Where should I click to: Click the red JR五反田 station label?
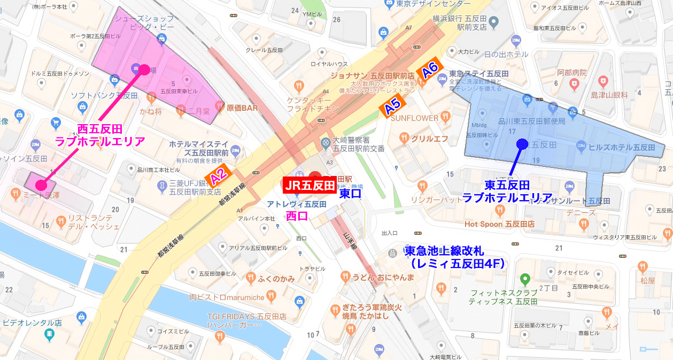[x=309, y=185]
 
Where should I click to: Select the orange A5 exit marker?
[x=393, y=107]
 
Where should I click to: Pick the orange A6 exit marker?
[x=430, y=71]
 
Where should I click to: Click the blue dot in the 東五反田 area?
[x=522, y=143]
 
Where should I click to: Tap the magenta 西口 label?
[x=297, y=216]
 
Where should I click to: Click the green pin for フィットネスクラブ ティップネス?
[x=525, y=279]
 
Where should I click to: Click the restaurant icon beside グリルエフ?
[x=404, y=139]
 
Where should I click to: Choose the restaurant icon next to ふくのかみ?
[x=250, y=278]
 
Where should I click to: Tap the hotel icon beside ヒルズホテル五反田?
[x=581, y=147]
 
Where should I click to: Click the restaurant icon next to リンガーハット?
[x=422, y=186]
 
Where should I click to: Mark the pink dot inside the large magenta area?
[x=144, y=70]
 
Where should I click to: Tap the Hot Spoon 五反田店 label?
[x=499, y=224]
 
